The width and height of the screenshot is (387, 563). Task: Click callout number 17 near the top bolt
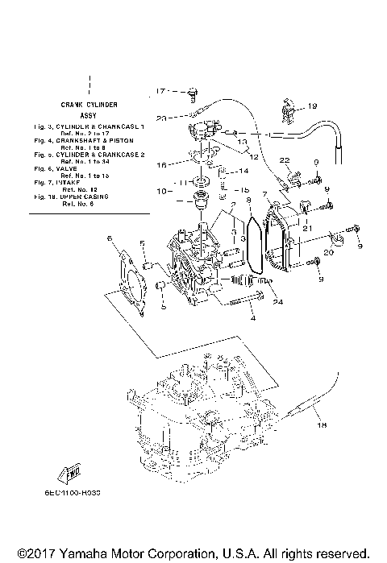(x=159, y=90)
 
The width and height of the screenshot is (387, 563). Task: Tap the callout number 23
(x=161, y=118)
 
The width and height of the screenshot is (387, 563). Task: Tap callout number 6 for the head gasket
(x=110, y=239)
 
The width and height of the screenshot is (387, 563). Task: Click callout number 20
(x=327, y=252)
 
